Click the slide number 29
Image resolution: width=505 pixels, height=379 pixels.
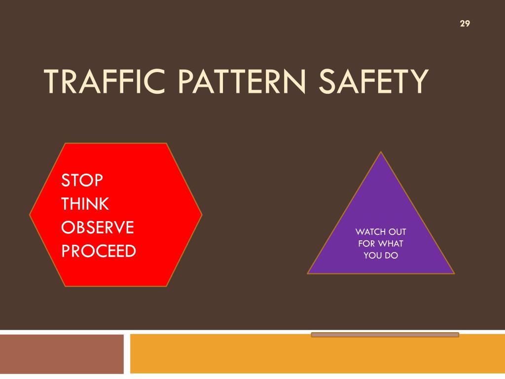point(464,24)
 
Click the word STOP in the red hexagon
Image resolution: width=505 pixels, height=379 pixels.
point(82,180)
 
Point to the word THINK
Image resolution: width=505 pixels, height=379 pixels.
point(85,204)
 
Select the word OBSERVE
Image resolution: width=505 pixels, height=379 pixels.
point(98,227)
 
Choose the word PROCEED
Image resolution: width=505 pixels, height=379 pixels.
point(99,251)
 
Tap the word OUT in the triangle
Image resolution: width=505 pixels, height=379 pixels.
point(397,231)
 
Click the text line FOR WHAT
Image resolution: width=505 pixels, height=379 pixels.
point(381,243)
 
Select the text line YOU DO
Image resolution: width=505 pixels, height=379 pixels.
point(381,255)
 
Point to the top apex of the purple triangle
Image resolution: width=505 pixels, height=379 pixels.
point(381,152)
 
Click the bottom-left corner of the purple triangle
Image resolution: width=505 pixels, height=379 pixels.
point(308,273)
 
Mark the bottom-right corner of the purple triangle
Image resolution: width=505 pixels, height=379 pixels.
point(453,273)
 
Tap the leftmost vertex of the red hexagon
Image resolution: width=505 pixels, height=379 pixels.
point(30,215)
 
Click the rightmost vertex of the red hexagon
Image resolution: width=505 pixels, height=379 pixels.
point(202,215)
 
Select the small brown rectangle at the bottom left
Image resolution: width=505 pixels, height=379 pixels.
point(62,354)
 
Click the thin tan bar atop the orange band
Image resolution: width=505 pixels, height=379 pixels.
point(385,335)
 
